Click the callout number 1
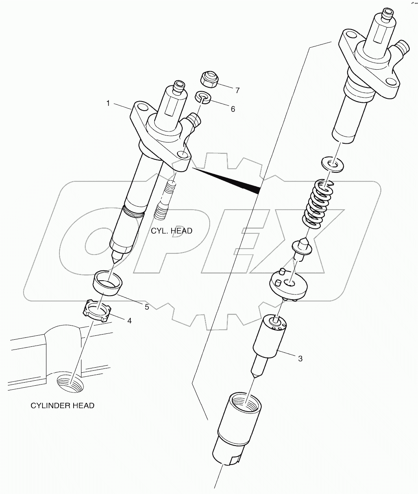tap(107, 103)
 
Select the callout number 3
tap(300, 359)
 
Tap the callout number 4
tap(129, 320)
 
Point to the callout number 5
tap(146, 307)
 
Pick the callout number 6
tap(233, 109)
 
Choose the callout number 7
tap(237, 91)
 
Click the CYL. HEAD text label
tap(172, 231)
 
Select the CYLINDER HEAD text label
tap(63, 405)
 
